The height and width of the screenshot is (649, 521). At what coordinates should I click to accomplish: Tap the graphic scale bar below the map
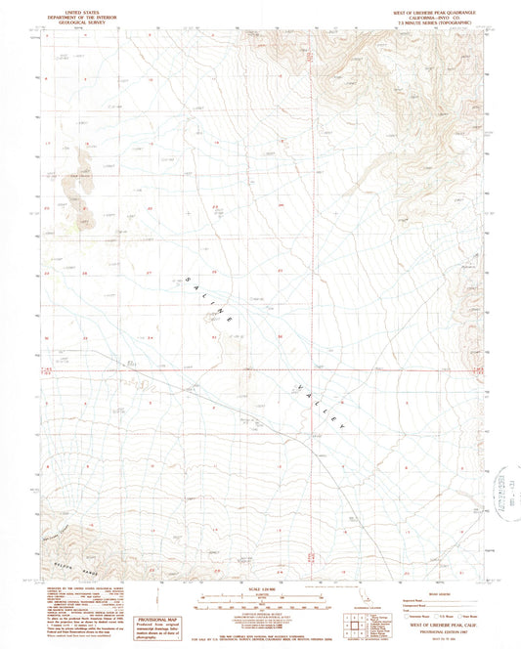pos(261,598)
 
